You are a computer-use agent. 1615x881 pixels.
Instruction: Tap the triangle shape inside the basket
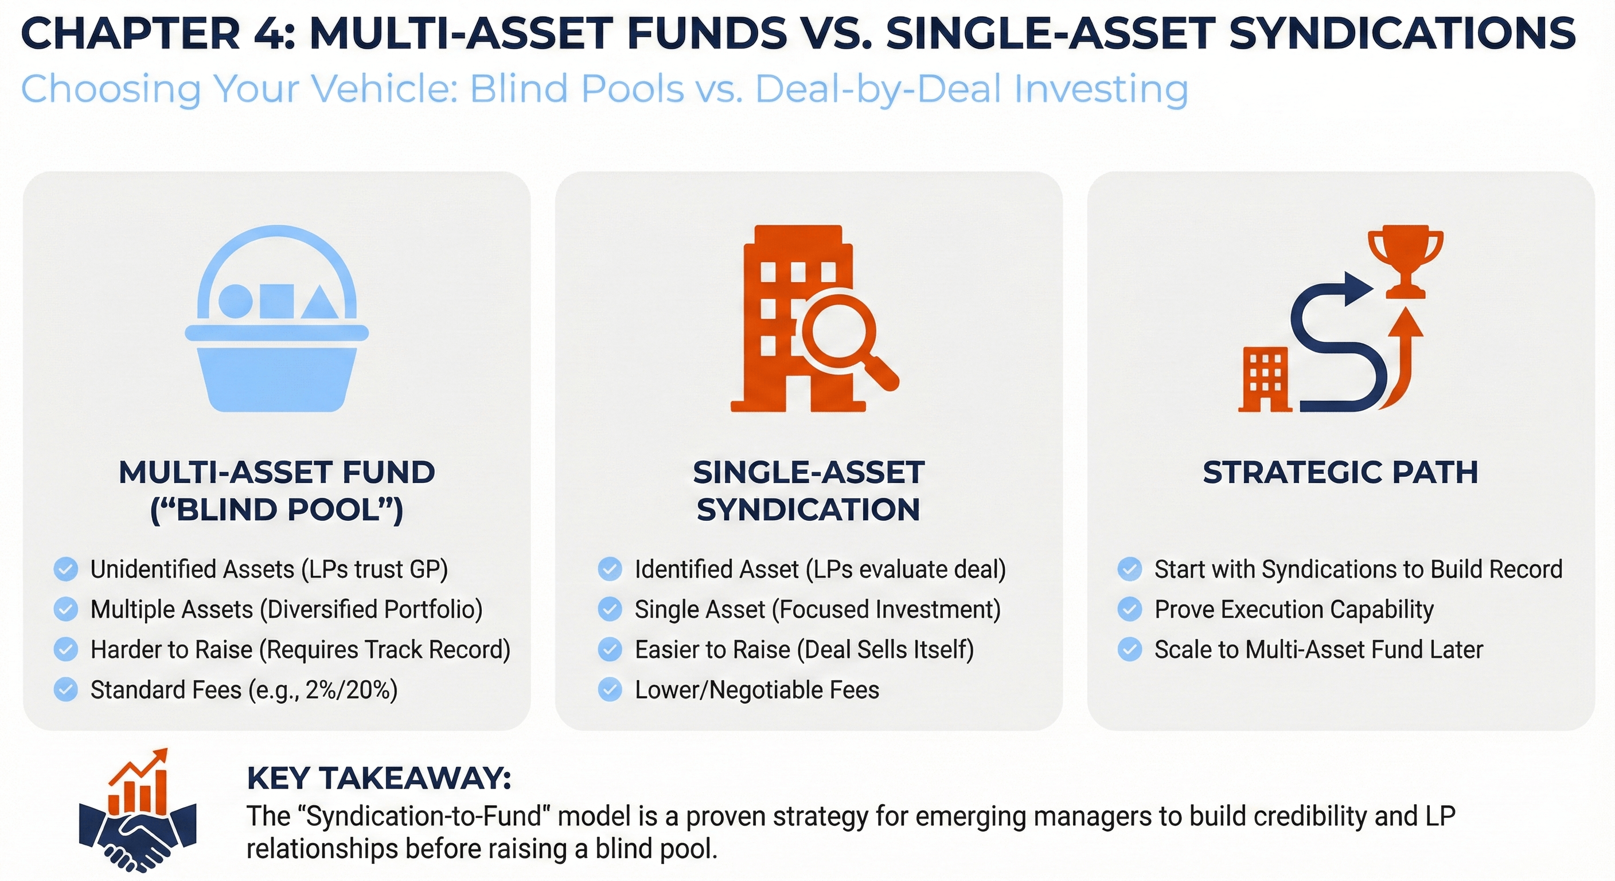321,303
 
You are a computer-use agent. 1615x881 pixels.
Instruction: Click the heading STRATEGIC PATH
1340,472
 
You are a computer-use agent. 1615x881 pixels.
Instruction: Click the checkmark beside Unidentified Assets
66,570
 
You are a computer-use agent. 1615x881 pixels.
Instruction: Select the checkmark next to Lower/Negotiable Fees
610,690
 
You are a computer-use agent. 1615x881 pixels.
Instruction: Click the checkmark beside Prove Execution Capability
1130,610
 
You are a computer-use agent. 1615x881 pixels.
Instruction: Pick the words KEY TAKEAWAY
379,778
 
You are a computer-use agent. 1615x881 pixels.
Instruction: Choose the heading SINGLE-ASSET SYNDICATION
808,490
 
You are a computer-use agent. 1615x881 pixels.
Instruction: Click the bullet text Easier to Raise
712,650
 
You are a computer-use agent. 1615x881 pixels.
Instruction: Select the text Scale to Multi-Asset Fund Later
1318,650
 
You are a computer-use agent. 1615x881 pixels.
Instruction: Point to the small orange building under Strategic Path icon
1265,380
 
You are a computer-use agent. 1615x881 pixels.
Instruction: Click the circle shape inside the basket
235,302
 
